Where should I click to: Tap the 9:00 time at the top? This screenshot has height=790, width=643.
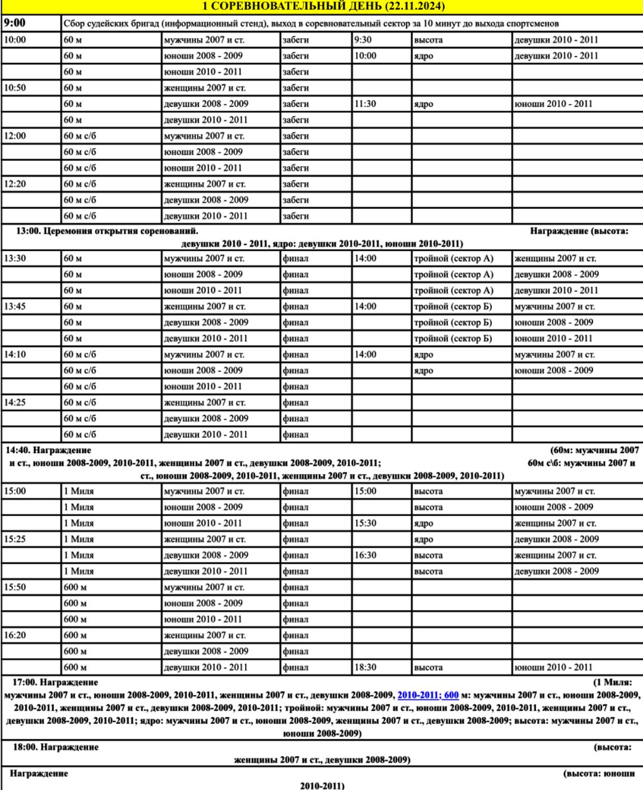click(x=15, y=23)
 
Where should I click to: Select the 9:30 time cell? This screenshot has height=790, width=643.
click(x=363, y=40)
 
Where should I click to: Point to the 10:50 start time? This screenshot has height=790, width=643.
click(x=15, y=88)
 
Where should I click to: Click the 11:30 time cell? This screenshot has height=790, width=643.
click(x=365, y=104)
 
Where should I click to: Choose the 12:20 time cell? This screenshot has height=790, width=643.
click(x=15, y=184)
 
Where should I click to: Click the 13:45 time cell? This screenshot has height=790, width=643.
click(x=15, y=307)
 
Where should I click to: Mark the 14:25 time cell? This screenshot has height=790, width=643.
click(x=15, y=403)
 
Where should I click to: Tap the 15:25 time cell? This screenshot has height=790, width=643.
click(x=15, y=540)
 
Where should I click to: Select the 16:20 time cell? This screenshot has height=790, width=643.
click(x=15, y=635)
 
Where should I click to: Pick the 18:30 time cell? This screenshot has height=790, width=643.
click(x=365, y=667)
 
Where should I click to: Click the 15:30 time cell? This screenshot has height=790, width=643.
click(x=365, y=523)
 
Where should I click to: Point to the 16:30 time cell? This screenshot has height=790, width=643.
click(x=365, y=556)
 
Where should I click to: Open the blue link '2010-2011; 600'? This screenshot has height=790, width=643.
click(x=428, y=695)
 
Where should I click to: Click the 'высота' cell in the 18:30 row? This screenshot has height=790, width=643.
click(x=429, y=667)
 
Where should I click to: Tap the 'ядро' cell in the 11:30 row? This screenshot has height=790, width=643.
click(x=424, y=104)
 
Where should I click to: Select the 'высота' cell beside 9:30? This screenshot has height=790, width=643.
click(x=429, y=40)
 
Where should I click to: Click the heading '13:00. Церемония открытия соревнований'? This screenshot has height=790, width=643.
click(x=107, y=231)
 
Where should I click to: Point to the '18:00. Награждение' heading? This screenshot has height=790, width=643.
click(x=56, y=747)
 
